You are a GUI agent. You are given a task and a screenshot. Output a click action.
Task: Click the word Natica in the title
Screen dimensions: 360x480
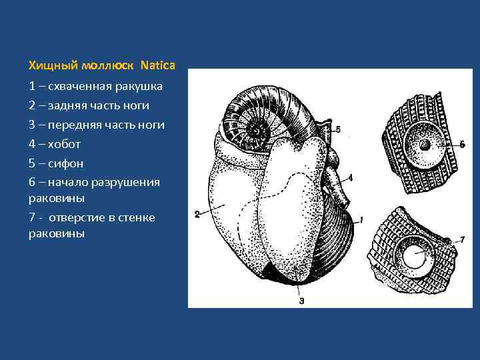click(x=158, y=65)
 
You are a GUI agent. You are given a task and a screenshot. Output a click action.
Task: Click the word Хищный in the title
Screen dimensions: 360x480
click(x=52, y=65)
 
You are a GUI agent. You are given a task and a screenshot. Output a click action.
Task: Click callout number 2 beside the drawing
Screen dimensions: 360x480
click(x=197, y=214)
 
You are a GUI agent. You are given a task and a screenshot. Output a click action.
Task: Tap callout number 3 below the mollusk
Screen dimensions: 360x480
click(x=301, y=300)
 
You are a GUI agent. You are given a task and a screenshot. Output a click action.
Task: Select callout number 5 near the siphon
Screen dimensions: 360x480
click(x=338, y=129)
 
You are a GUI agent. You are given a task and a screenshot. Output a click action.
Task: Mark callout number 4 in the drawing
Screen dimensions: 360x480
click(x=351, y=177)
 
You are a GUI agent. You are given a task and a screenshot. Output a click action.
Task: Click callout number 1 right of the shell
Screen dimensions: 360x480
click(x=361, y=219)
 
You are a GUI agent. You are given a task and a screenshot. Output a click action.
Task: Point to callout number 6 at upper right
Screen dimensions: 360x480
click(x=462, y=145)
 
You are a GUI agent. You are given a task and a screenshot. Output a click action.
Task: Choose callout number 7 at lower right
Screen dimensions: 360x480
click(x=462, y=238)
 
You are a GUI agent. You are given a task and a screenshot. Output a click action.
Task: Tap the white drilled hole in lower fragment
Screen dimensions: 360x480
click(x=413, y=256)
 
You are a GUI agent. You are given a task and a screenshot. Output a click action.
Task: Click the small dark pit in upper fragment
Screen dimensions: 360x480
click(x=423, y=145)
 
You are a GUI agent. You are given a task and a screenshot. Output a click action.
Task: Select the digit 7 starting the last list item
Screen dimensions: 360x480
click(x=31, y=217)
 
